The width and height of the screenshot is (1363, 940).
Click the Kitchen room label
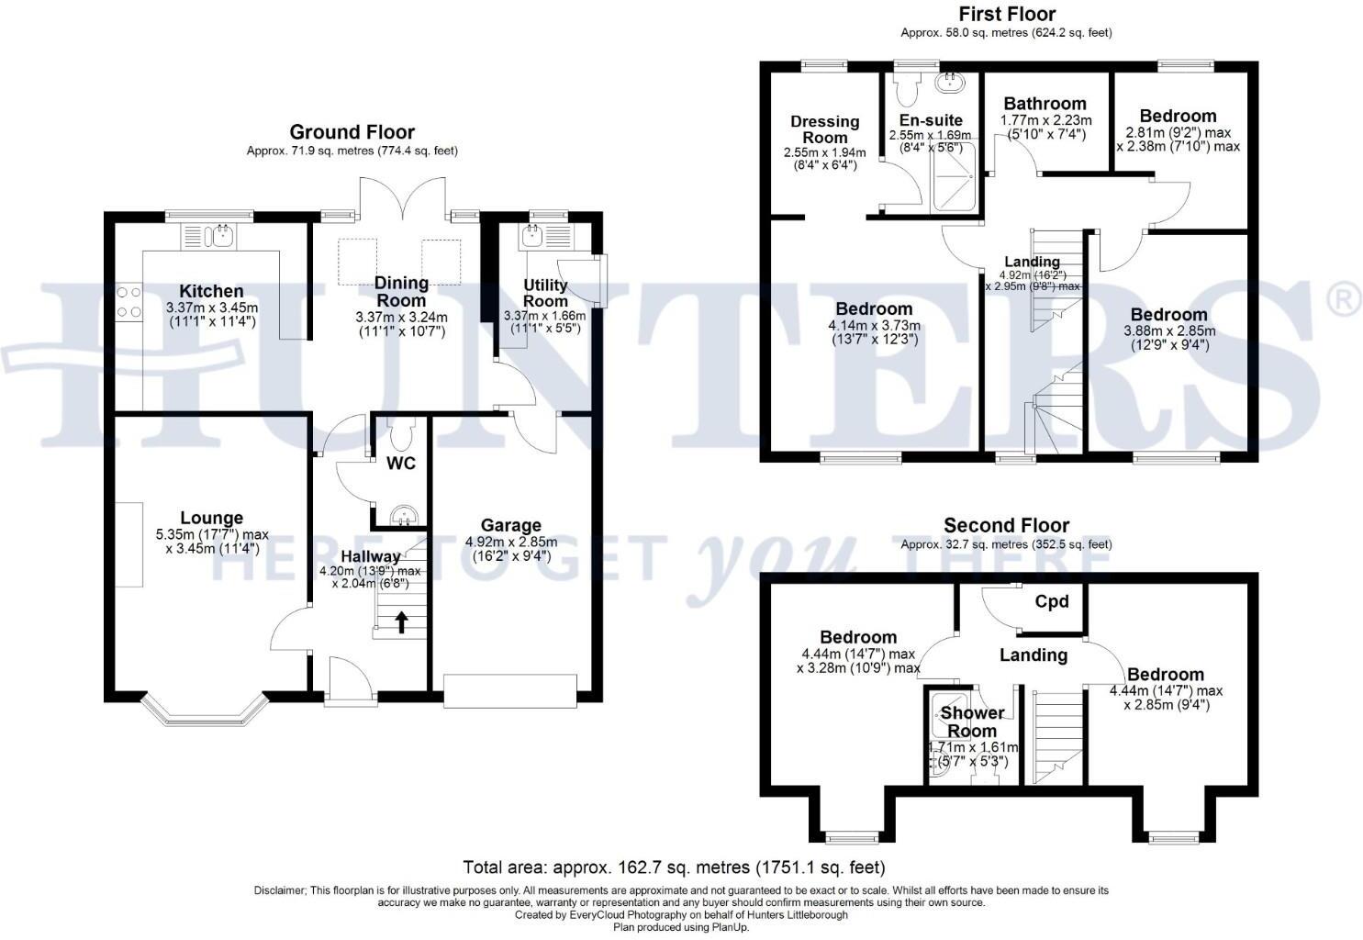211,291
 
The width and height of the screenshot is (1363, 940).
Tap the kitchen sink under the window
221,237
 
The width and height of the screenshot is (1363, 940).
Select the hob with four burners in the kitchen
129,302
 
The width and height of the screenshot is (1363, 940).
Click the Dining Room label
401,292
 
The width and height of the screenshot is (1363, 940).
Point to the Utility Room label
545,293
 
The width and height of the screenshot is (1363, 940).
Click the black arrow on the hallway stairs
401,622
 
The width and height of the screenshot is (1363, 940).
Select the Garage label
510,525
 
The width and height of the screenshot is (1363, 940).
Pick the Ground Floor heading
352,132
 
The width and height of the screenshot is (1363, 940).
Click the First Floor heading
1006,14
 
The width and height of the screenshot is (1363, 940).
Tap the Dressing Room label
824,129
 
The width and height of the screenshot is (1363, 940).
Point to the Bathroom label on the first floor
1045,104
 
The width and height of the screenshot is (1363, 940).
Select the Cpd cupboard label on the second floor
1051,601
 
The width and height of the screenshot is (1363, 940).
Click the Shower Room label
972,722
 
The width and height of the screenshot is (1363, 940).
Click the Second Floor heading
1006,525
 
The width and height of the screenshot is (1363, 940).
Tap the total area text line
674,867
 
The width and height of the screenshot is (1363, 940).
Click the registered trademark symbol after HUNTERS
1344,300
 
